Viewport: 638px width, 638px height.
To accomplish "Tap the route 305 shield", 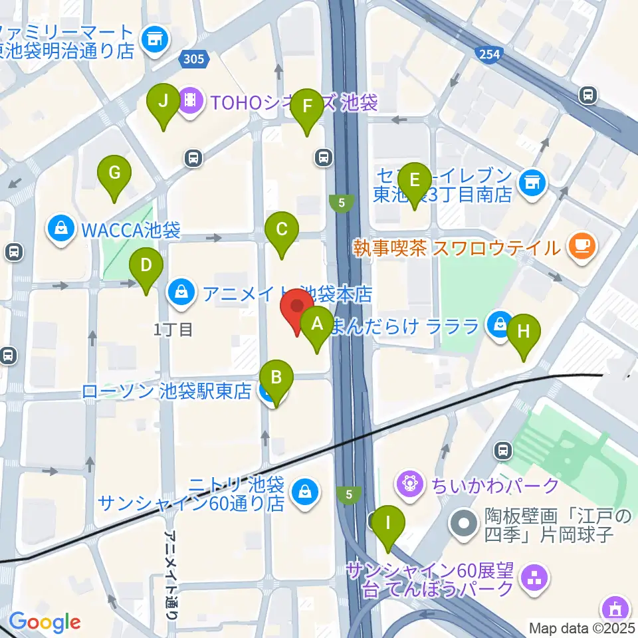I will point(194,60).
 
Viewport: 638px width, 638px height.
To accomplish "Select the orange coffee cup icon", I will point(582,247).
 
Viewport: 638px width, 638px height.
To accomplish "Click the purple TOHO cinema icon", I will point(191,101).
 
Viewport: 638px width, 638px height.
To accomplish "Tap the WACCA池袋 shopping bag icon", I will point(61,230).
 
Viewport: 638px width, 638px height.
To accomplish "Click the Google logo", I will point(45,622).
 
